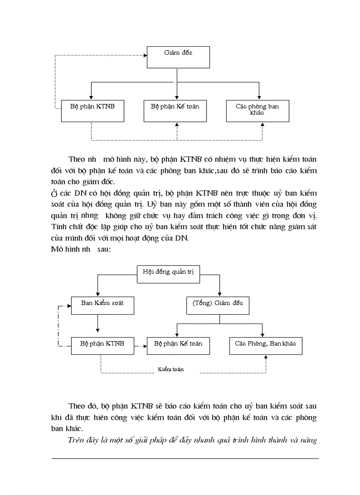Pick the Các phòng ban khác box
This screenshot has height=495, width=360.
point(258,111)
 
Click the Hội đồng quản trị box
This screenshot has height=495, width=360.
point(169,274)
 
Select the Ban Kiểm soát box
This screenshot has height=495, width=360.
point(102,305)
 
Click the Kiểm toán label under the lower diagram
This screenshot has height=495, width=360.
point(171,369)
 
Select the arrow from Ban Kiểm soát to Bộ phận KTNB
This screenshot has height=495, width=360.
point(97,326)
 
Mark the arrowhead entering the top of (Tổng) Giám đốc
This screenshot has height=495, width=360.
point(219,294)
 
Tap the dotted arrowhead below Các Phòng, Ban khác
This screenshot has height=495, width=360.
point(266,357)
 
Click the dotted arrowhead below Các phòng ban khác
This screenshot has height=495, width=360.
point(262,125)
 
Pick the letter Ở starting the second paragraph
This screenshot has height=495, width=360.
point(54,194)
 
